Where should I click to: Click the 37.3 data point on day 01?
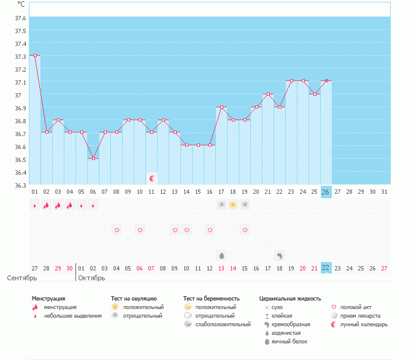click(x=35, y=55)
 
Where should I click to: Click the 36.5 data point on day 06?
click(x=93, y=158)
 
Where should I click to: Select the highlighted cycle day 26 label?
click(x=326, y=192)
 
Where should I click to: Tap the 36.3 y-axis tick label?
click(x=20, y=185)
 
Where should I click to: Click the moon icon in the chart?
click(x=152, y=178)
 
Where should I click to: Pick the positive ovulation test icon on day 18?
click(x=233, y=205)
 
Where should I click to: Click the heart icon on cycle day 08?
click(x=117, y=230)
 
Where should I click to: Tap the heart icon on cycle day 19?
click(x=245, y=230)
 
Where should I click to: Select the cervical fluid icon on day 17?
click(x=221, y=255)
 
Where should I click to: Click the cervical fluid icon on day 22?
click(x=280, y=255)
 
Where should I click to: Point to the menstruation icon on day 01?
click(x=35, y=205)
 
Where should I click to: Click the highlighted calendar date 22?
click(x=326, y=267)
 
